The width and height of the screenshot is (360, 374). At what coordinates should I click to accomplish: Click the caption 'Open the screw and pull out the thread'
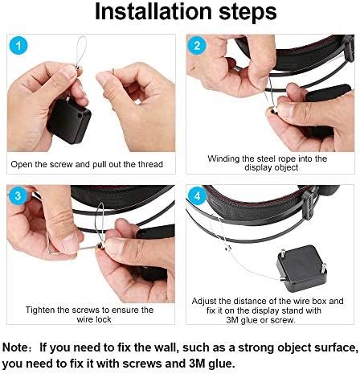coord(87,164)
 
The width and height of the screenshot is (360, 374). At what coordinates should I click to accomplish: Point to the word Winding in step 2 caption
coord(225,159)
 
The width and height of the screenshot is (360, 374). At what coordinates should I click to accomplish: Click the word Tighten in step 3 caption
coord(42,310)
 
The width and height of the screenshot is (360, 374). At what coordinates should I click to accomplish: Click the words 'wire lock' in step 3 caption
coord(90,319)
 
